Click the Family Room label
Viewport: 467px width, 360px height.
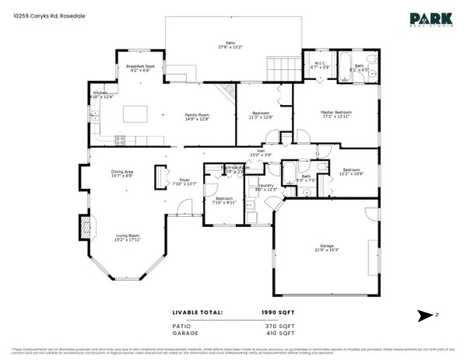[x=197, y=115]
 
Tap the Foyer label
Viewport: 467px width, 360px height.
[x=180, y=181]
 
